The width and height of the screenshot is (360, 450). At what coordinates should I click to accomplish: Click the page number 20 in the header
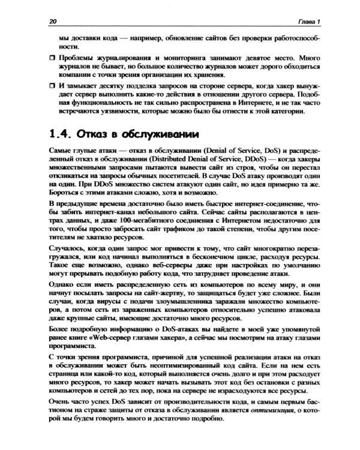[53, 22]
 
